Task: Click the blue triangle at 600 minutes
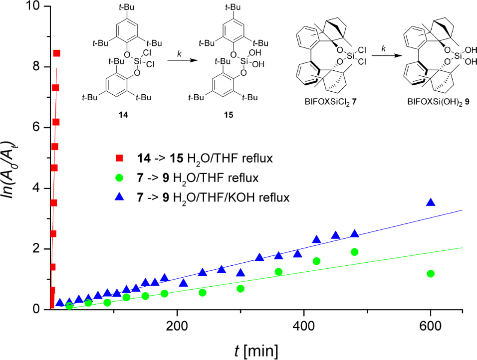coord(431,202)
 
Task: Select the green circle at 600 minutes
coord(431,273)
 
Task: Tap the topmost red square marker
coord(57,53)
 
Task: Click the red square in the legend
coord(119,159)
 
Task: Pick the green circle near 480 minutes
coord(355,252)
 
